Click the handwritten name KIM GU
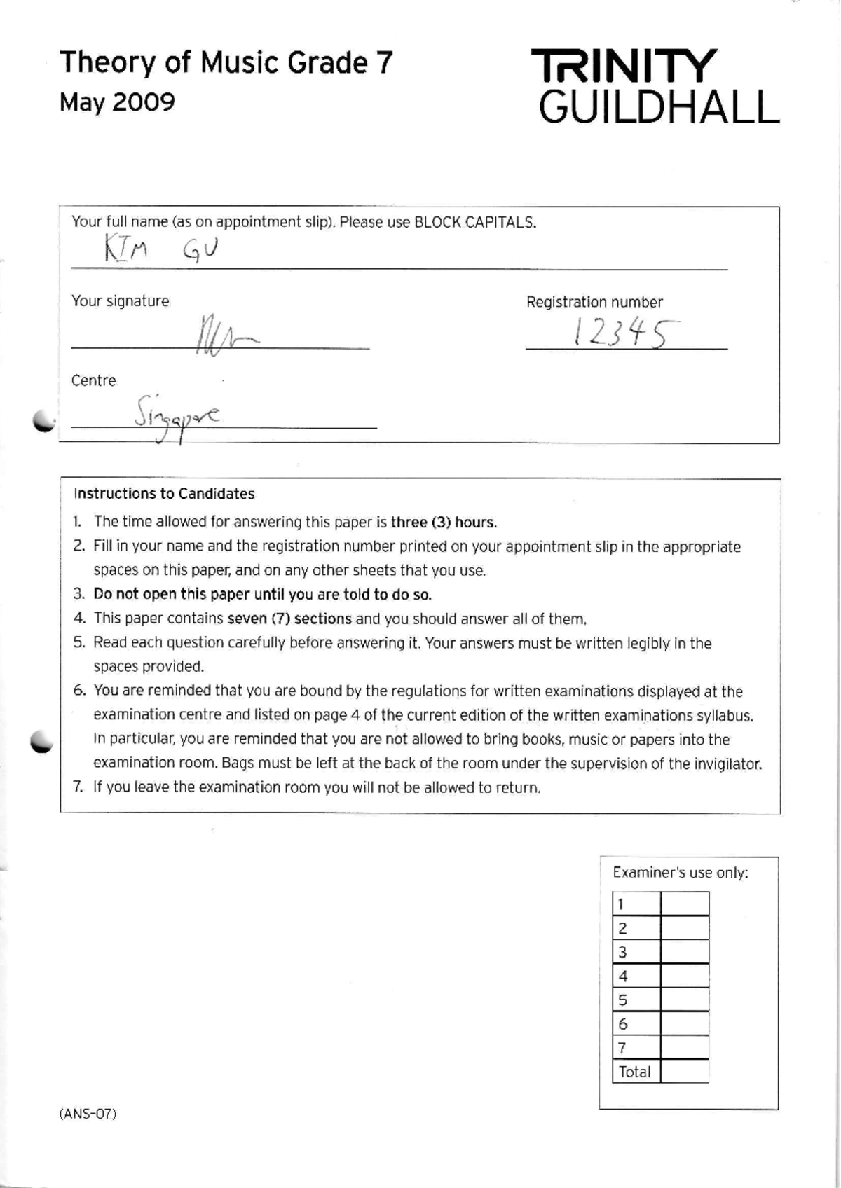(162, 248)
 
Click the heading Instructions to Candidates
(164, 494)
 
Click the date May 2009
(117, 102)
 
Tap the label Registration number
(594, 302)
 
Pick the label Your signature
(120, 301)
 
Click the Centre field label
(93, 380)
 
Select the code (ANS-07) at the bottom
(88, 1114)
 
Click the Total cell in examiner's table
(635, 1072)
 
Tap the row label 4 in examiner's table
(623, 976)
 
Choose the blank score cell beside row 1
(685, 904)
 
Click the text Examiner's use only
(680, 873)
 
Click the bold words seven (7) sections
(289, 619)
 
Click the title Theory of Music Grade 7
(226, 63)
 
